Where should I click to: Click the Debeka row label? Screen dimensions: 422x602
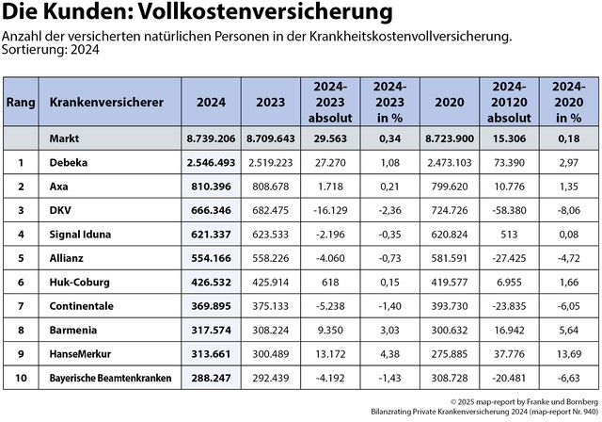pyautogui.click(x=68, y=162)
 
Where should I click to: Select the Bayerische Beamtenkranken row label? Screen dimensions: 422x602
pyautogui.click(x=111, y=377)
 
